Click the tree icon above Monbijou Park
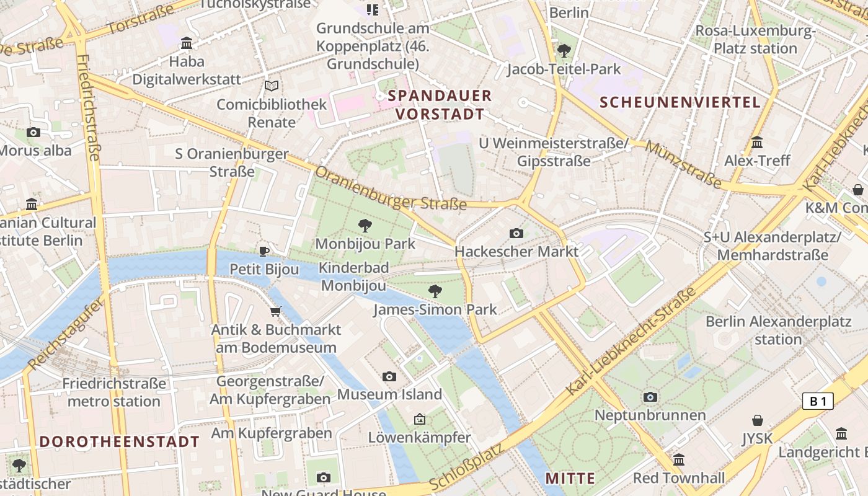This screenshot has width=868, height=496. tap(365, 226)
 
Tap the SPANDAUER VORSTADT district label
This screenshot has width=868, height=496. tap(440, 105)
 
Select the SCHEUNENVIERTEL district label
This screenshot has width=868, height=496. tap(680, 102)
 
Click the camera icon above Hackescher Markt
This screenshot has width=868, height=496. tap(516, 233)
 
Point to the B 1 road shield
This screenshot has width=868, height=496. tap(818, 401)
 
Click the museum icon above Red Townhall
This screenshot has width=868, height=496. tap(678, 460)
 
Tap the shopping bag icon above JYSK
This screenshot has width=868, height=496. tap(757, 420)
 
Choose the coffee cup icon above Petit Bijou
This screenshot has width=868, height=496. tap(264, 251)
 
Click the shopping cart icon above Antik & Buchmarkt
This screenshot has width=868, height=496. tap(275, 311)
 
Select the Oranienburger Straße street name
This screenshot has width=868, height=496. tap(391, 188)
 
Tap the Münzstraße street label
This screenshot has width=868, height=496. tap(684, 165)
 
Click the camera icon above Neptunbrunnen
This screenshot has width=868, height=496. tap(650, 397)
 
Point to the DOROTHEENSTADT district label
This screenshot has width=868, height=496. tap(119, 441)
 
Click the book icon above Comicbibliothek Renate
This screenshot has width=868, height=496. tap(271, 86)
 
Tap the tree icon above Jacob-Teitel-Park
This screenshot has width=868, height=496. tap(564, 51)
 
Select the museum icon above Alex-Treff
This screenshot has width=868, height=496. tap(757, 143)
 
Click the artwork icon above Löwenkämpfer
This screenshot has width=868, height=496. tap(420, 420)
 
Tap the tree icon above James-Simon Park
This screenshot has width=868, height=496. tap(435, 291)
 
